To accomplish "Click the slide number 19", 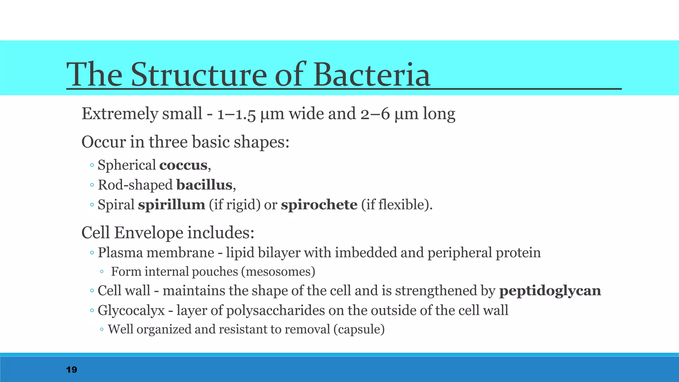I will (72, 370).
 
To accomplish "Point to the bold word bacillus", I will (204, 185).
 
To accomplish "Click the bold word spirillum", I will (171, 205).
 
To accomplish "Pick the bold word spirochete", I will (319, 205).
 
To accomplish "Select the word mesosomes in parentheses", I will (278, 272).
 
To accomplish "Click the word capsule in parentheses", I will (359, 330).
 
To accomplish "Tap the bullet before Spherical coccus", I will (92, 165).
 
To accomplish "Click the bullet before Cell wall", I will (92, 291).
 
